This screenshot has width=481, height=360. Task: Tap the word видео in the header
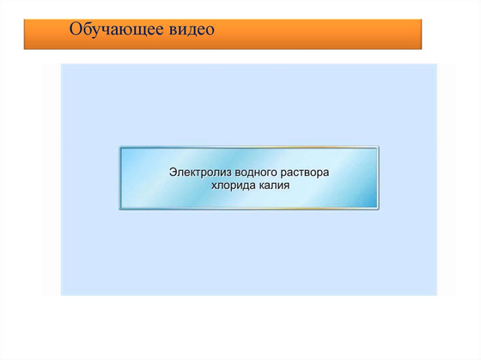point(187,30)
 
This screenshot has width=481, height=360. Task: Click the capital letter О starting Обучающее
point(77,30)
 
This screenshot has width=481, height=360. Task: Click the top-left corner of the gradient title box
point(119,147)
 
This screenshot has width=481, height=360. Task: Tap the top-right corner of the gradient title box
point(379,147)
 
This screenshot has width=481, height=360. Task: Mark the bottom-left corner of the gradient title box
point(119,209)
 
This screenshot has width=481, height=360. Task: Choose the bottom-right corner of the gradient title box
point(379,209)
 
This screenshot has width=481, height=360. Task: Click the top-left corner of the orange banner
point(24,15)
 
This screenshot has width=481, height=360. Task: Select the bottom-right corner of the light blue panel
point(436,296)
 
